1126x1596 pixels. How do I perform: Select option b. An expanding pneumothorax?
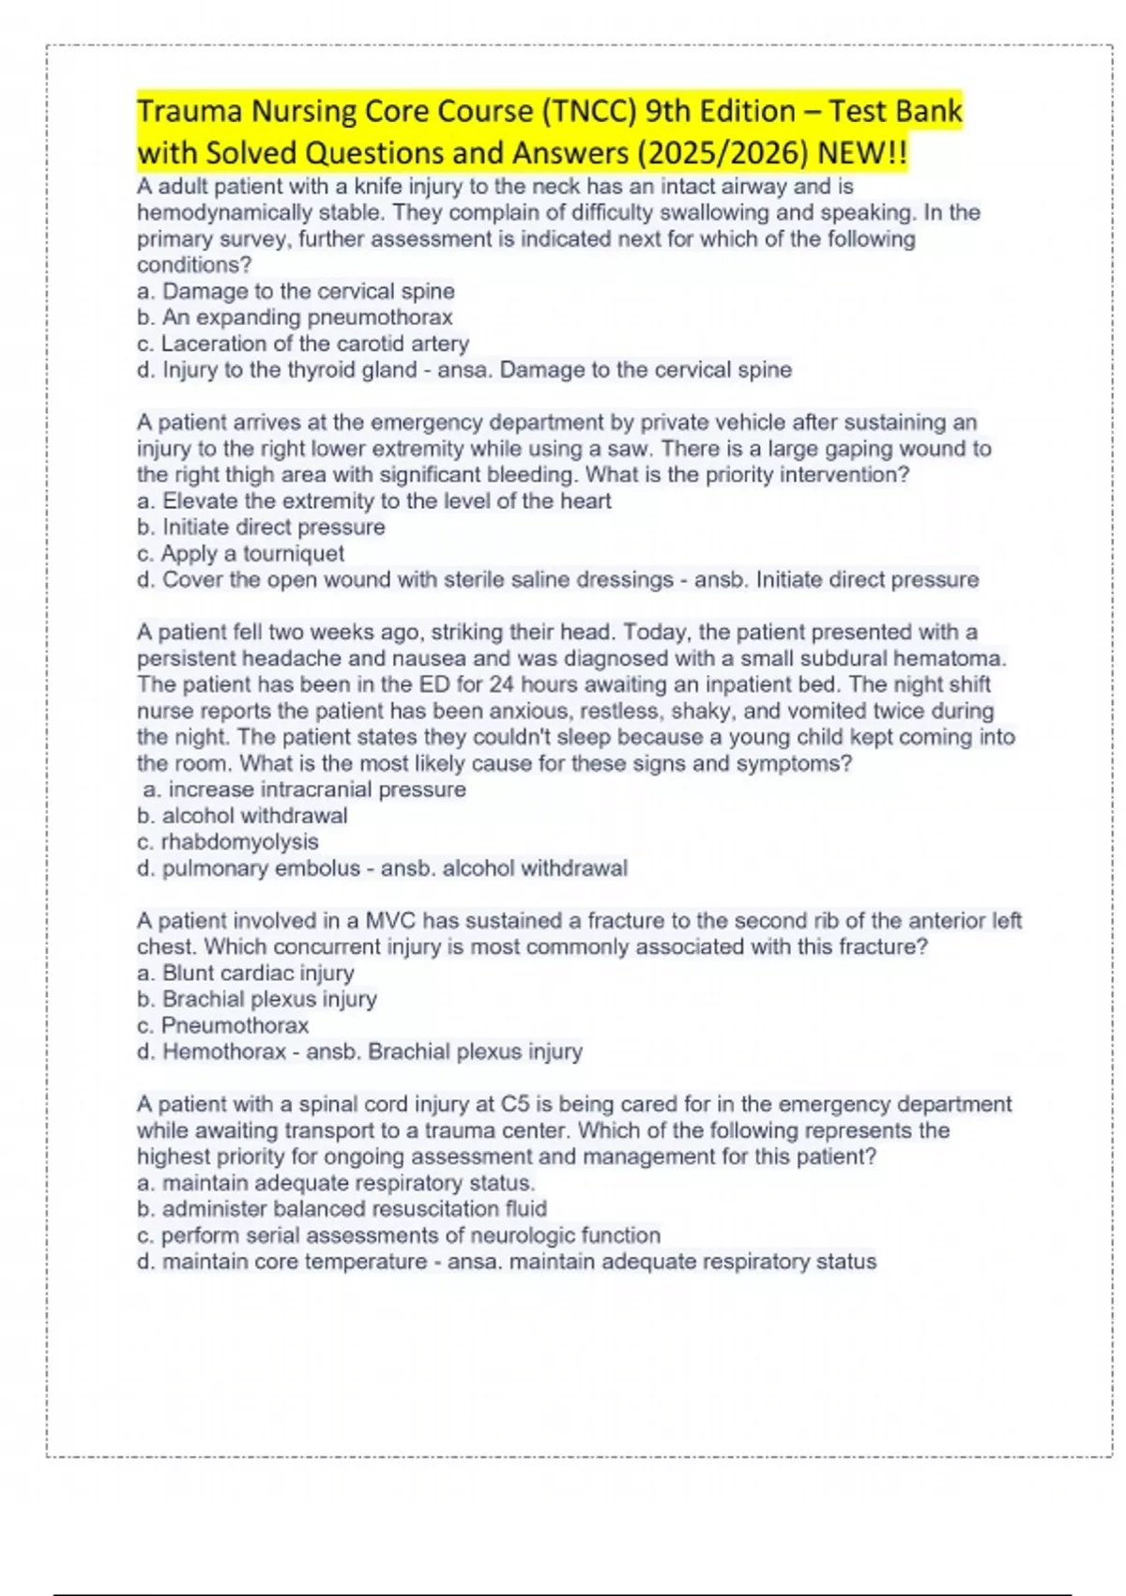[x=295, y=317]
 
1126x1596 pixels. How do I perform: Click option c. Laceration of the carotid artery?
[x=302, y=344]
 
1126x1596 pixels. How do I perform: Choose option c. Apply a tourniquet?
[x=240, y=554]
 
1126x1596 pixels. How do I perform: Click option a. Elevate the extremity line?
[x=373, y=501]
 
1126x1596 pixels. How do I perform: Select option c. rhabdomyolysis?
[x=228, y=842]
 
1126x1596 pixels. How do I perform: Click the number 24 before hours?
[x=502, y=684]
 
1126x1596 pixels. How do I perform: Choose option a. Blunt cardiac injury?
[x=246, y=974]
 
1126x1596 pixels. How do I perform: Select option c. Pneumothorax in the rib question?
[x=222, y=1025]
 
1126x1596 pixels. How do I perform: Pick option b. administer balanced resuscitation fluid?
[x=342, y=1209]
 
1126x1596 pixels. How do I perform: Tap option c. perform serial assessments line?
[x=399, y=1235]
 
